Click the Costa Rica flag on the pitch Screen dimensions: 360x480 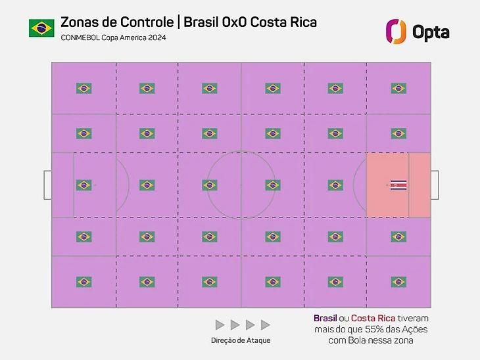(x=398, y=185)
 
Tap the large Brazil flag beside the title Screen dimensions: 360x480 (x=41, y=28)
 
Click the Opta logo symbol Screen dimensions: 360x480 (x=396, y=31)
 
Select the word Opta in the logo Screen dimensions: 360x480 (x=431, y=31)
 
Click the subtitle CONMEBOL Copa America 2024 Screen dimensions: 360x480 (x=113, y=38)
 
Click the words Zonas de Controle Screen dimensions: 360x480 (x=117, y=22)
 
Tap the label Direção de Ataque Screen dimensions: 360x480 (x=241, y=340)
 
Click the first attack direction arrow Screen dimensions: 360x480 (x=220, y=325)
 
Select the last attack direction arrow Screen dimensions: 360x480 (x=266, y=325)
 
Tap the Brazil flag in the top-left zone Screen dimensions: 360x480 (x=84, y=88)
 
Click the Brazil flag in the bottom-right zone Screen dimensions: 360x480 (x=398, y=282)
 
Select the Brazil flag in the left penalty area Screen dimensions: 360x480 (x=84, y=185)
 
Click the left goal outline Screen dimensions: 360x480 (x=47, y=185)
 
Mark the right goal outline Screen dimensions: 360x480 (x=435, y=185)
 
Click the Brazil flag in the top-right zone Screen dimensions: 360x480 (x=398, y=88)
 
